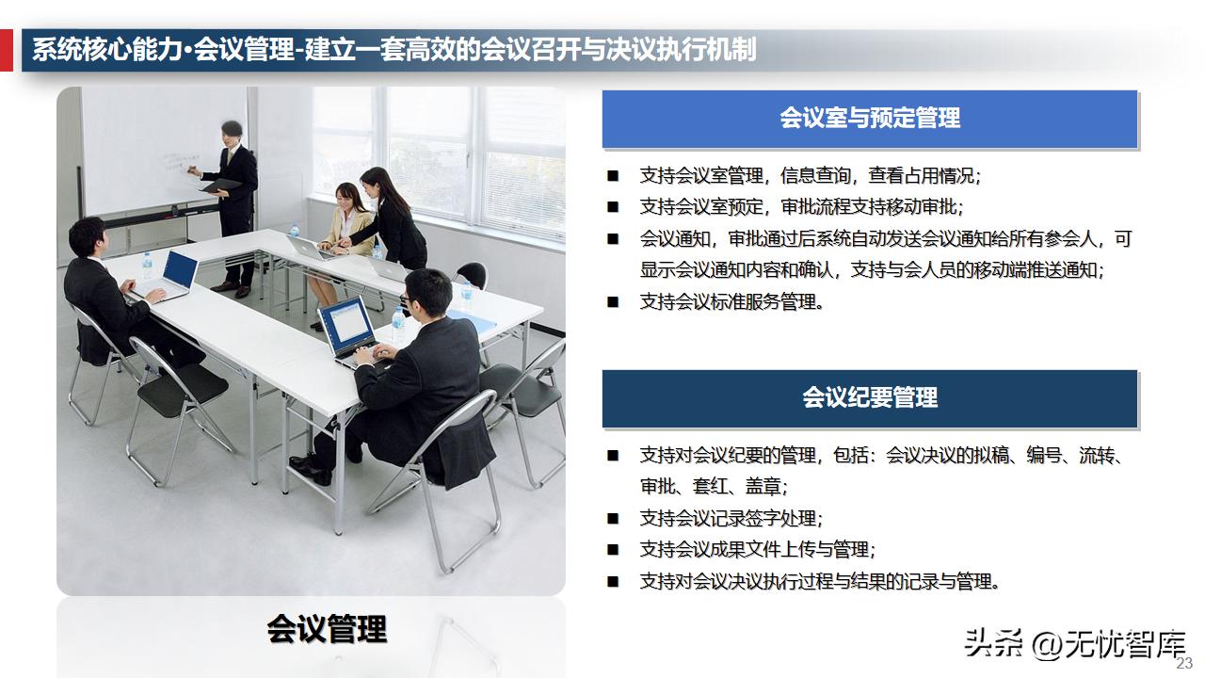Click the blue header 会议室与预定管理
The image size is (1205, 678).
[x=869, y=119]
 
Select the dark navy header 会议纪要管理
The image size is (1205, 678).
[x=869, y=398]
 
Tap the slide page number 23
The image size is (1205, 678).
[x=1184, y=663]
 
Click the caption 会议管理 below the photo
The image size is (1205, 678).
[x=326, y=629]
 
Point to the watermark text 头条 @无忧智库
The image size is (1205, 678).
[x=1073, y=644]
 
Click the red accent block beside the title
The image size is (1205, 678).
[x=7, y=50]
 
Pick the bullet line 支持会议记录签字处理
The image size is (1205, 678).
[x=731, y=518]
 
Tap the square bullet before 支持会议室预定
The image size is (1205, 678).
[x=613, y=207]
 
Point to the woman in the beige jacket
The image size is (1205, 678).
[x=349, y=222]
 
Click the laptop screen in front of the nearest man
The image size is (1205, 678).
[x=346, y=326]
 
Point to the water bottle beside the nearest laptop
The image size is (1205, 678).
[x=398, y=326]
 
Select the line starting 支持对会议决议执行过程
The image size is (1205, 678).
[x=818, y=581]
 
